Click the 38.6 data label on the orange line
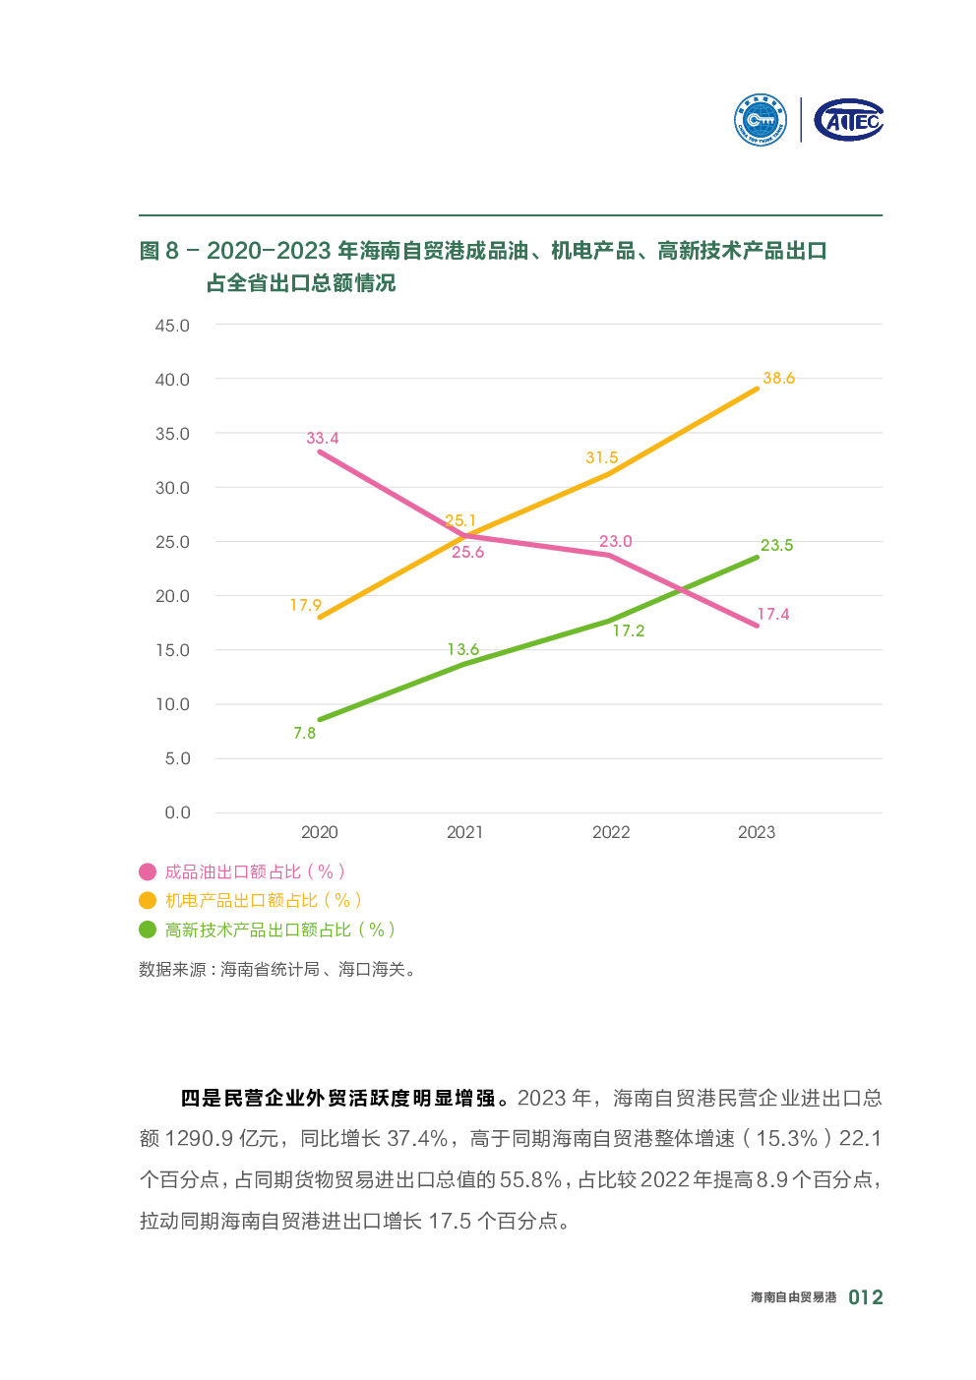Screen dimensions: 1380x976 tap(778, 378)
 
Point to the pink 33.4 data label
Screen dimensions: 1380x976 tap(322, 438)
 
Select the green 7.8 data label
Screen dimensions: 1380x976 tap(304, 733)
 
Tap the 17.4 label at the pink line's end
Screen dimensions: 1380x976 tap(772, 614)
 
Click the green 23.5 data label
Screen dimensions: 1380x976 tap(776, 545)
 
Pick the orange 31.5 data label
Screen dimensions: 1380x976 tap(601, 457)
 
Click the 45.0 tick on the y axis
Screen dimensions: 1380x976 tap(172, 326)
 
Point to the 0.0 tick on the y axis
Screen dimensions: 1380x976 tap(177, 812)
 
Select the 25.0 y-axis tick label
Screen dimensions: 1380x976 tap(172, 542)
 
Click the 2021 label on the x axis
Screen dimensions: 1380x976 tap(464, 832)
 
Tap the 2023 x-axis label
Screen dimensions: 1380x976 tap(756, 832)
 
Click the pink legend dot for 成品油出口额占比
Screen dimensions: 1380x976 tap(148, 871)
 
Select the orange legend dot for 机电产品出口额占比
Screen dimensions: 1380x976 tap(148, 900)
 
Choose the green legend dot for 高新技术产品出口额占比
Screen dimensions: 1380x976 tap(148, 930)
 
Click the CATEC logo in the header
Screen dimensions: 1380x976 tap(848, 120)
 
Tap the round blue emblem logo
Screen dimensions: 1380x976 tap(761, 120)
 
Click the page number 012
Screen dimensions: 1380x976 tap(865, 1297)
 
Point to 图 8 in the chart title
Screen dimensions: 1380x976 tap(158, 251)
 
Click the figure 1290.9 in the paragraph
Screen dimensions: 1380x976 tap(199, 1138)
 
